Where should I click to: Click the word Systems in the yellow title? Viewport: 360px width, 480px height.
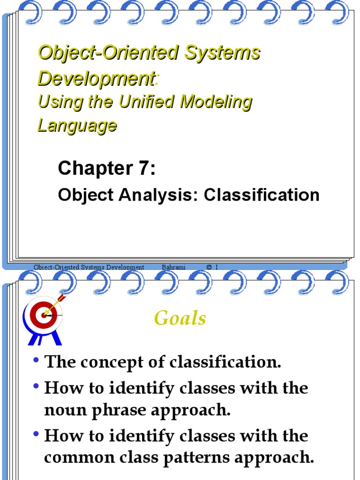tap(223, 52)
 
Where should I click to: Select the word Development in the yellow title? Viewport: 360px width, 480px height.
tap(96, 79)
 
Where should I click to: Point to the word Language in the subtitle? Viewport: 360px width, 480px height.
tap(77, 125)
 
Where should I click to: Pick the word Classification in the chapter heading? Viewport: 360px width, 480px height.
tap(261, 195)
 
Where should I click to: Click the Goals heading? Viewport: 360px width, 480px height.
tap(180, 318)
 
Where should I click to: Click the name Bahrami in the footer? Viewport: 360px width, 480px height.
tap(173, 267)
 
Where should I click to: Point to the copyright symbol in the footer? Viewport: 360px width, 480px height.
tap(209, 267)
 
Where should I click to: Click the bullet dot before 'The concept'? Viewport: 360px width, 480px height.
tap(37, 361)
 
